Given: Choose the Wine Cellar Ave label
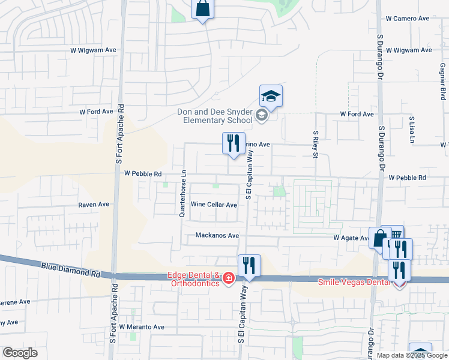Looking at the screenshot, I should pyautogui.click(x=214, y=205).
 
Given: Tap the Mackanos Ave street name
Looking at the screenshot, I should pyautogui.click(x=217, y=236).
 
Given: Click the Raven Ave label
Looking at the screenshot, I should pyautogui.click(x=94, y=205).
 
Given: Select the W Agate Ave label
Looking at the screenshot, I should pyautogui.click(x=351, y=238).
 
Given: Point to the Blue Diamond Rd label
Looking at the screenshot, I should pyautogui.click(x=70, y=268).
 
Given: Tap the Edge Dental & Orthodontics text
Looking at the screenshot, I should pyautogui.click(x=193, y=280).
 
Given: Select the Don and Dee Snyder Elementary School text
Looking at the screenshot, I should pyautogui.click(x=215, y=115).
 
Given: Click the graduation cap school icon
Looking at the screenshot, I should pyautogui.click(x=271, y=96).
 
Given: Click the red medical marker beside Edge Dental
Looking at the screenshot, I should pyautogui.click(x=228, y=278).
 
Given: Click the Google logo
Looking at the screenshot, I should pyautogui.click(x=20, y=353).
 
